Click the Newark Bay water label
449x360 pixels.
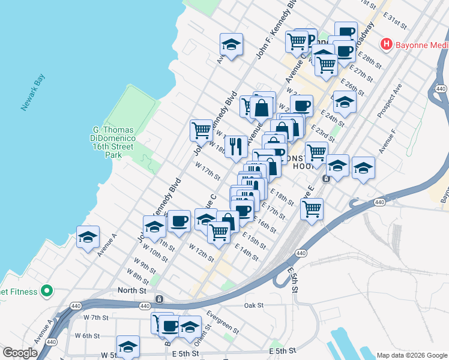coord(33,93)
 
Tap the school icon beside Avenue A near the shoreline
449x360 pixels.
coord(88,237)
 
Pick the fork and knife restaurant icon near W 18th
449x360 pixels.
coord(236,146)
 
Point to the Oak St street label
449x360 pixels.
coord(255,305)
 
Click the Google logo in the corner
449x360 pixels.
coord(20,353)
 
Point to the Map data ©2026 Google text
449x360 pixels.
coord(411,355)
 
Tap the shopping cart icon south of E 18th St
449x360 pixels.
coord(312,209)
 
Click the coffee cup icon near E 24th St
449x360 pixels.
coord(301,105)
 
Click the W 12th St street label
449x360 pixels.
coord(201,252)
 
